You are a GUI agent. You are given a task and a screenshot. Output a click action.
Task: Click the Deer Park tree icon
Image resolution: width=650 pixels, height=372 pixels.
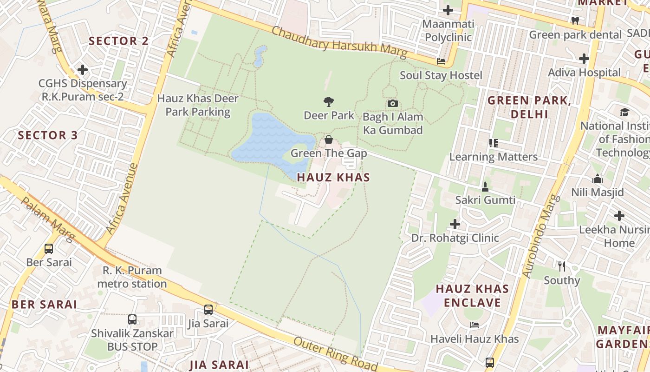pyautogui.click(x=329, y=101)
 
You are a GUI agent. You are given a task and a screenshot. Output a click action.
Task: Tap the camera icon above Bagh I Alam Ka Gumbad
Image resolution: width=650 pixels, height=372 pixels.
pyautogui.click(x=392, y=103)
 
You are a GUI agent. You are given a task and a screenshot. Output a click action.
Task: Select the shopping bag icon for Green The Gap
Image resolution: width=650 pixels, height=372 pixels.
pyautogui.click(x=329, y=139)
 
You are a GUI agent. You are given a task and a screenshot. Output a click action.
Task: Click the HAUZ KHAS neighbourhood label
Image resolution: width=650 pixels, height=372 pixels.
pyautogui.click(x=333, y=177)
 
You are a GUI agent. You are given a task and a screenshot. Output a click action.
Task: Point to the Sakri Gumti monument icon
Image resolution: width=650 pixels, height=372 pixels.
pyautogui.click(x=485, y=187)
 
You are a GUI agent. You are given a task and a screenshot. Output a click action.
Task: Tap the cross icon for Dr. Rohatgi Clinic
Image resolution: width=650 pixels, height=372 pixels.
pyautogui.click(x=455, y=224)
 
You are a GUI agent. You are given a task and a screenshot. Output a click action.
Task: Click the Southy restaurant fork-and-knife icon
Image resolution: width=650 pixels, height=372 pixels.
pyautogui.click(x=562, y=266)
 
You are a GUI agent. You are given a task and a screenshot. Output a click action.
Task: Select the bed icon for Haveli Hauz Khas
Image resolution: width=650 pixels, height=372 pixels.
pyautogui.click(x=474, y=325)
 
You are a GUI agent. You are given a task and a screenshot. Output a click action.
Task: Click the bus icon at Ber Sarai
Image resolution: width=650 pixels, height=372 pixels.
pyautogui.click(x=49, y=248)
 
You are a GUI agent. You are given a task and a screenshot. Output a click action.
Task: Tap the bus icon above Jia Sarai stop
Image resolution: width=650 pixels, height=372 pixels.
pyautogui.click(x=208, y=309)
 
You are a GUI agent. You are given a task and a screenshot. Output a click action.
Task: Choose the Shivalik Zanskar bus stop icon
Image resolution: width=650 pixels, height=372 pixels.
pyautogui.click(x=132, y=319)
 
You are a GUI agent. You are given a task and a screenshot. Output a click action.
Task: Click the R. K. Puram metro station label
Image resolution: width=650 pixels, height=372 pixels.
pyautogui.click(x=132, y=277)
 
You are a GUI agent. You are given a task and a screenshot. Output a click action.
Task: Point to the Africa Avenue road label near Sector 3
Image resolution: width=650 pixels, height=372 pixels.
pyautogui.click(x=122, y=199)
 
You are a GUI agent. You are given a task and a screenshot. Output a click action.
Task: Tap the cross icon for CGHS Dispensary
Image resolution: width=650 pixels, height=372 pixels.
pyautogui.click(x=83, y=70)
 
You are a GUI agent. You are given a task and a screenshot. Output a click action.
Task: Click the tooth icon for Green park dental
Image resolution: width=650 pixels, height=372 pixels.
pyautogui.click(x=575, y=20)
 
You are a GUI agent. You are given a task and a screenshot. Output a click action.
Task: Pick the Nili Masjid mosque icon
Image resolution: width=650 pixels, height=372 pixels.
pyautogui.click(x=597, y=179)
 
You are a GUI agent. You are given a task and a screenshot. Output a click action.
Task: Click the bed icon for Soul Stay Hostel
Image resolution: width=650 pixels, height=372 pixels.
pyautogui.click(x=441, y=61)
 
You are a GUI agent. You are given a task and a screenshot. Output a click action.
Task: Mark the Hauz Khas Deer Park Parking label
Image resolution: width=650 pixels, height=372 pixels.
pyautogui.click(x=198, y=105)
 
